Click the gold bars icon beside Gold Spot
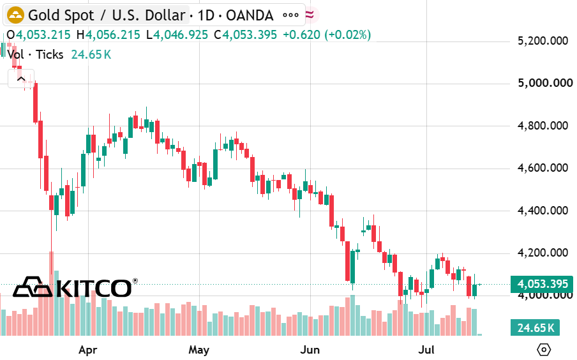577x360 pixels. [x=15, y=15]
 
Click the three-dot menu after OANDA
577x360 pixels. [x=290, y=15]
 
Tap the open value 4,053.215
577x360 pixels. [x=43, y=35]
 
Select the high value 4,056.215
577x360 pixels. [x=113, y=35]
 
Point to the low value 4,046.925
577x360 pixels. [x=181, y=35]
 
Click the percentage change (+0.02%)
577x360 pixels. [x=347, y=35]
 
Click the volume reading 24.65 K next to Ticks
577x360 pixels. [x=91, y=54]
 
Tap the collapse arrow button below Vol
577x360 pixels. [x=21, y=79]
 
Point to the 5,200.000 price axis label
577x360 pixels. [x=543, y=41]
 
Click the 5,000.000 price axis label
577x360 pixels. [x=545, y=83]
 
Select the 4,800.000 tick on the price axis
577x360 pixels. [x=543, y=126]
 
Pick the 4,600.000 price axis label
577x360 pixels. [x=543, y=169]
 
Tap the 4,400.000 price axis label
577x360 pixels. [x=543, y=211]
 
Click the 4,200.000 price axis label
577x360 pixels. [x=543, y=253]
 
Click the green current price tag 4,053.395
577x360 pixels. [x=542, y=284]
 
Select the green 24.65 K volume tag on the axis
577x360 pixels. [x=535, y=327]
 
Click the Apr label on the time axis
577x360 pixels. [x=87, y=350]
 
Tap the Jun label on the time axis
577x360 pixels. [x=310, y=350]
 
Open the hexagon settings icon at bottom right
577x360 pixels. [x=544, y=349]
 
